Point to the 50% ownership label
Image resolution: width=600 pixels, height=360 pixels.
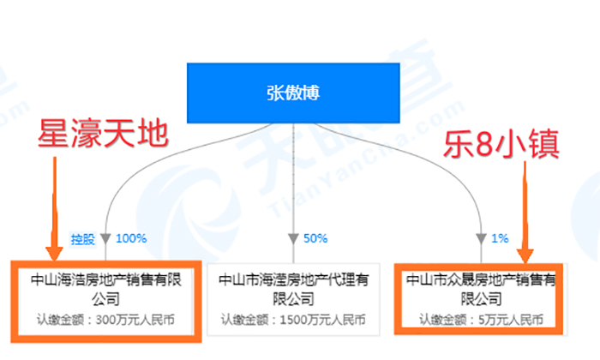point(315,237)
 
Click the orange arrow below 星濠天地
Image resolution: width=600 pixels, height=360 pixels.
point(53,210)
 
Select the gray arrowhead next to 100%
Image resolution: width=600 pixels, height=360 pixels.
point(105,237)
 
